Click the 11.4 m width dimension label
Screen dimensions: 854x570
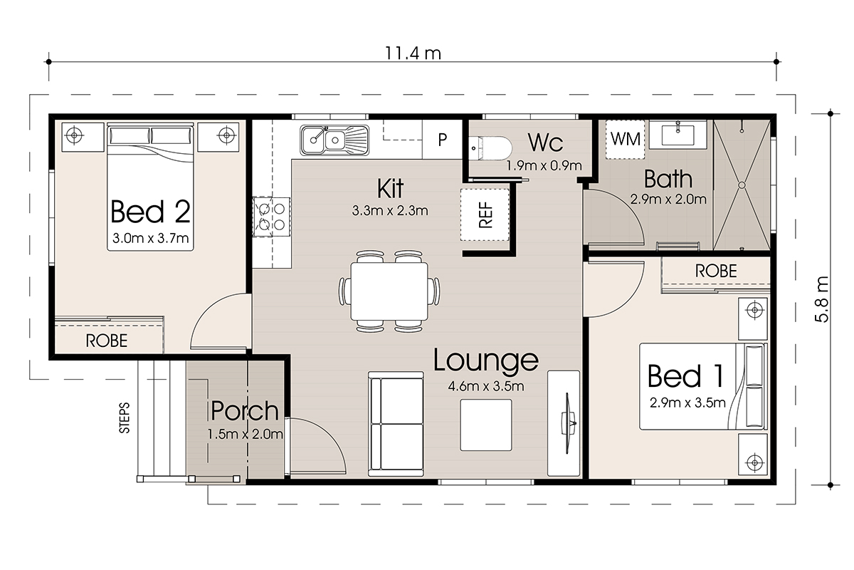(413, 53)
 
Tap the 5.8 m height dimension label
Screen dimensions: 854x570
(823, 299)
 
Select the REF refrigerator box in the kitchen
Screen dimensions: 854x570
(485, 215)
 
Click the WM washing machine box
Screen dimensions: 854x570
(626, 140)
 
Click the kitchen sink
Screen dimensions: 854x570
(334, 140)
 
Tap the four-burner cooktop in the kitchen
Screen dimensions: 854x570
(271, 217)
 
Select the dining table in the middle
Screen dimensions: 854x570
(389, 291)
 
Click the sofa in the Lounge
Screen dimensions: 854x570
(396, 424)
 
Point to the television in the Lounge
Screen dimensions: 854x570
(568, 423)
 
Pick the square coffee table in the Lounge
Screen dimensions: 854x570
(486, 425)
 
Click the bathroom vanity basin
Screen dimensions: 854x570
(678, 135)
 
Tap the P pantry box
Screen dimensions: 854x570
(442, 140)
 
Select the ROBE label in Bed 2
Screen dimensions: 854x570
(107, 341)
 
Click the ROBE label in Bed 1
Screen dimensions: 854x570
(716, 271)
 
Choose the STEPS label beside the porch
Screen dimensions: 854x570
(125, 418)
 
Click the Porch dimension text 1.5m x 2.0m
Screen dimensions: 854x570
(245, 434)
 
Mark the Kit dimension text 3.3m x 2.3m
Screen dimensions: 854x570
(390, 211)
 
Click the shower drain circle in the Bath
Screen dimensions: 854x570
(742, 185)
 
